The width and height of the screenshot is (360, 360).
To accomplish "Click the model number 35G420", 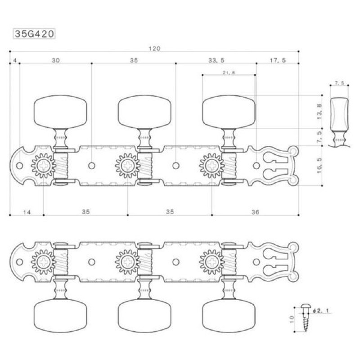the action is click(x=34, y=34).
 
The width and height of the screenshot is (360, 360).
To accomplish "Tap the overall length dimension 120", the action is click(x=154, y=49).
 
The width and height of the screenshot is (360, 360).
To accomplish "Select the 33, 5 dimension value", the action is click(x=216, y=60).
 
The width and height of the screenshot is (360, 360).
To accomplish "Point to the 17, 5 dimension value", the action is click(x=278, y=60).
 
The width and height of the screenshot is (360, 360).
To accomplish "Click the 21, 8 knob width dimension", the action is click(x=229, y=72).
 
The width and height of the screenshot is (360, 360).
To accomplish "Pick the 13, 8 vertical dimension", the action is click(x=319, y=112).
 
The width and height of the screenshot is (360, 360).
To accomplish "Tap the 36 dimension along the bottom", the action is click(x=255, y=212).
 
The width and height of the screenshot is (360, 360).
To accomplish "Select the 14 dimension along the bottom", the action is click(x=27, y=212).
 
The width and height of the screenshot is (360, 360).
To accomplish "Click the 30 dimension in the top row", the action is click(x=56, y=60).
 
